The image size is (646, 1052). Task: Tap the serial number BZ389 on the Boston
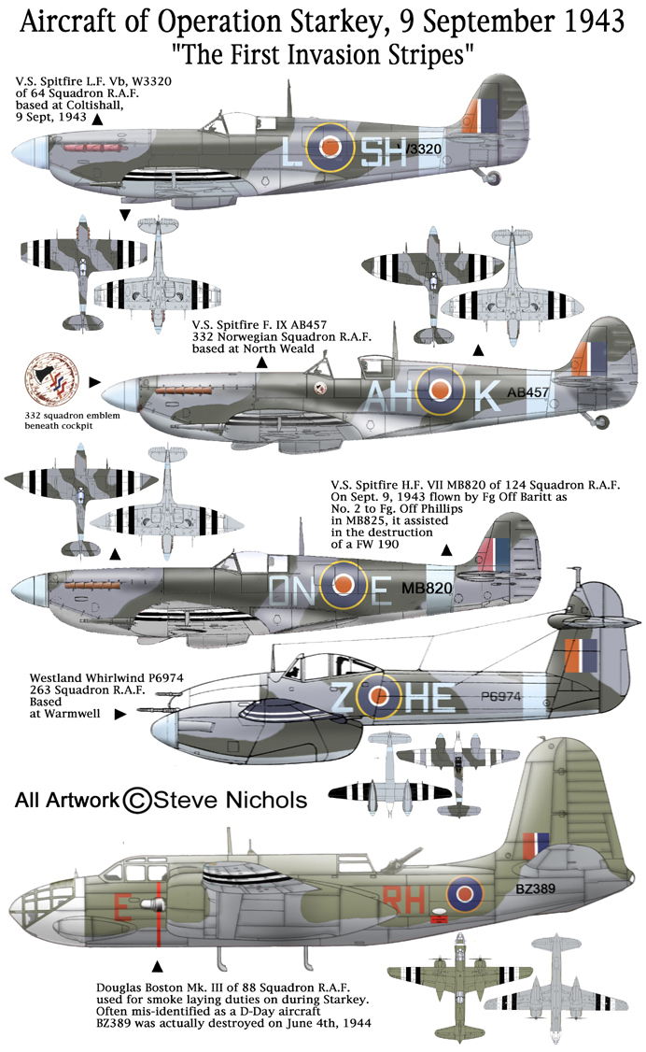(536, 889)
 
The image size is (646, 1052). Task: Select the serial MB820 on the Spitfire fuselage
(427, 589)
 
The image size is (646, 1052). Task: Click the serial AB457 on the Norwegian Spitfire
(528, 392)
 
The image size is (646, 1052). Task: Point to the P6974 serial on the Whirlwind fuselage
(500, 696)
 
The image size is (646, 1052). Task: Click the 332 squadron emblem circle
(51, 380)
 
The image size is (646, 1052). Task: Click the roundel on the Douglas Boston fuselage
(465, 894)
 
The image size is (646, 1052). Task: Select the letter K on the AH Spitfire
(487, 396)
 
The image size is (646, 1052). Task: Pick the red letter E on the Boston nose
(122, 906)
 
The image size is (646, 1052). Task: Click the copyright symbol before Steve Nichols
(136, 800)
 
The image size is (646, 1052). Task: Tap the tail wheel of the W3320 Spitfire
(493, 178)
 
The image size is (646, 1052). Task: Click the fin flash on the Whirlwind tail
(581, 656)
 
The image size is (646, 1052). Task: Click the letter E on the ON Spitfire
(381, 590)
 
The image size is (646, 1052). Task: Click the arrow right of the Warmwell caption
(119, 714)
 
